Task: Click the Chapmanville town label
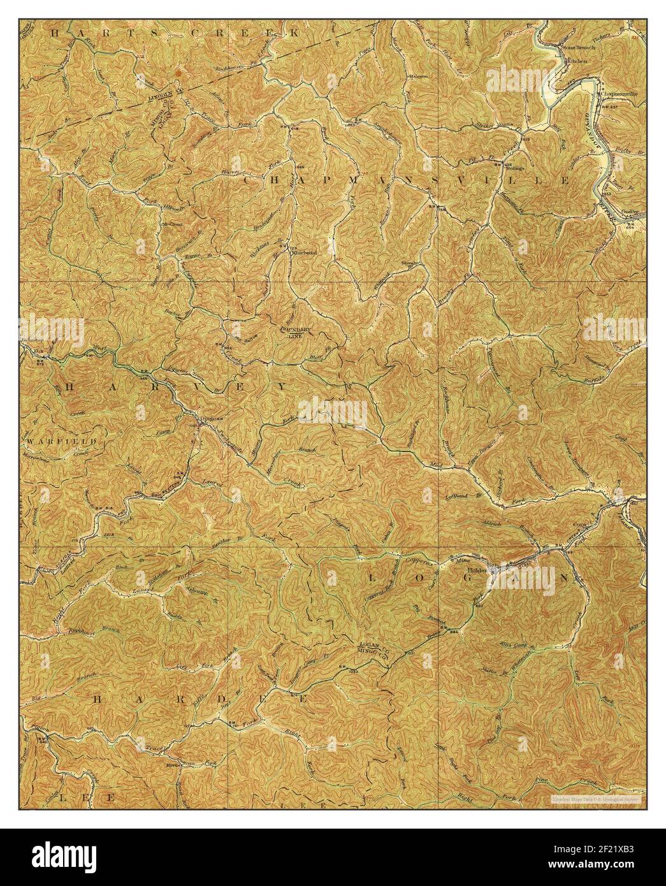[619, 94]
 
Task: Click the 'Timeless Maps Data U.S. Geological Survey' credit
[595, 798]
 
